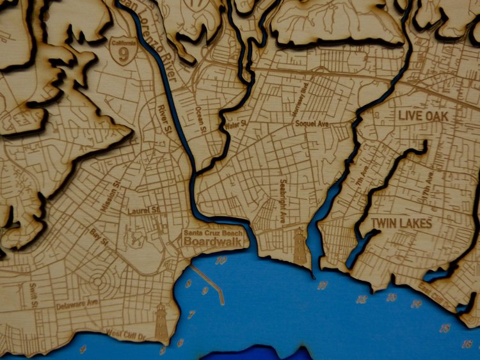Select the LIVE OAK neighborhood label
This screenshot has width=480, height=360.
pyautogui.click(x=422, y=116)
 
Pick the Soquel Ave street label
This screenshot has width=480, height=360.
pyautogui.click(x=312, y=123)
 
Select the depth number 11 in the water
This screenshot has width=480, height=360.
pyautogui.click(x=322, y=285)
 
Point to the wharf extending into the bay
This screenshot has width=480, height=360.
pyautogui.click(x=207, y=281)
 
